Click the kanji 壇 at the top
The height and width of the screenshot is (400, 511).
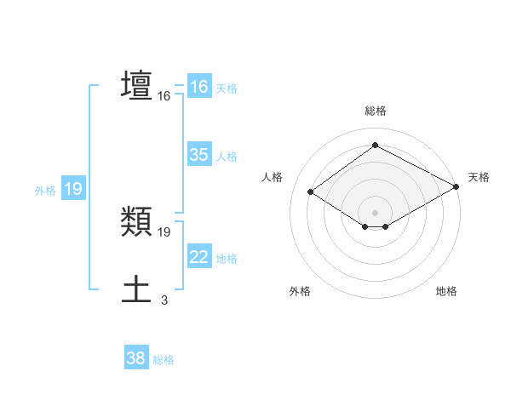[137, 85]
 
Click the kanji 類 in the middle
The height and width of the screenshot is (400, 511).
[137, 222]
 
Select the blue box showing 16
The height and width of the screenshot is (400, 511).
[198, 87]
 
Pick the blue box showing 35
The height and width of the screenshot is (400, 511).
[198, 155]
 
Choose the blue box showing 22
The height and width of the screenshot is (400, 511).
[198, 257]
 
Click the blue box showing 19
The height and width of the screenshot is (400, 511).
[72, 189]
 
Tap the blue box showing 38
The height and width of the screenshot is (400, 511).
[135, 358]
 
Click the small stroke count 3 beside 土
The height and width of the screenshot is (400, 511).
[164, 300]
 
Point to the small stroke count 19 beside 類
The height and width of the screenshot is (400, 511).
[164, 231]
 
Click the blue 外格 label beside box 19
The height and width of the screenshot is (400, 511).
[45, 191]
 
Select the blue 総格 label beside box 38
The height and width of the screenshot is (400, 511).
[164, 360]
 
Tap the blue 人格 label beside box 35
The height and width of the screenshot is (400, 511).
[227, 157]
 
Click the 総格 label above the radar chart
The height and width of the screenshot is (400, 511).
[375, 111]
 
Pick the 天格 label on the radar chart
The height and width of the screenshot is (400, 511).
[479, 177]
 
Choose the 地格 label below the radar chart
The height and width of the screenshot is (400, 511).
[446, 291]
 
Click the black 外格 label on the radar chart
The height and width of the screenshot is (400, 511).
[300, 291]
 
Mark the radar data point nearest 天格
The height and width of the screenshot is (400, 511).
[456, 186]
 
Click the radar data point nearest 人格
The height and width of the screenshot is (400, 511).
[310, 191]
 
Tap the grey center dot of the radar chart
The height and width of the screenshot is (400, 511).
[375, 212]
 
